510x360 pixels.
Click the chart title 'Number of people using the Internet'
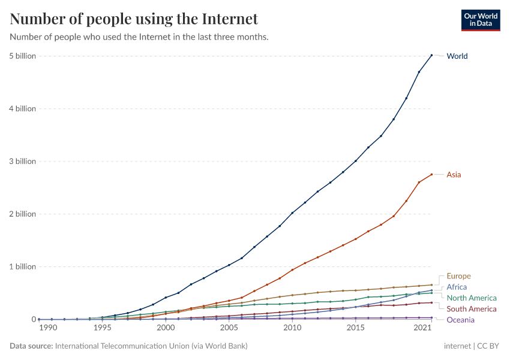click(x=134, y=19)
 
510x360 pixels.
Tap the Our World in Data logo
click(x=480, y=19)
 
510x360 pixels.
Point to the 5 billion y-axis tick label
click(x=22, y=56)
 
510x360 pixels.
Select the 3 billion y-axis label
click(x=22, y=161)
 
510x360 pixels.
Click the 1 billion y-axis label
click(x=22, y=266)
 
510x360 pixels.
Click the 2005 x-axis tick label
click(x=229, y=328)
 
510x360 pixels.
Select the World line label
click(x=457, y=56)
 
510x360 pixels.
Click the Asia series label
click(x=454, y=175)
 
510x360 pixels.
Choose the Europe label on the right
click(x=458, y=277)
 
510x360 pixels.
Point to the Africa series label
click(x=457, y=287)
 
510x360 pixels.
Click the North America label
click(x=472, y=298)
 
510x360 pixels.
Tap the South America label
click(x=472, y=309)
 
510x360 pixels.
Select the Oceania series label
click(x=460, y=320)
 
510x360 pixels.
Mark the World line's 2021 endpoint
click(x=431, y=55)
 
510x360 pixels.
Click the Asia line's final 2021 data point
click(x=431, y=175)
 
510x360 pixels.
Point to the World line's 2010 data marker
click(x=292, y=213)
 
